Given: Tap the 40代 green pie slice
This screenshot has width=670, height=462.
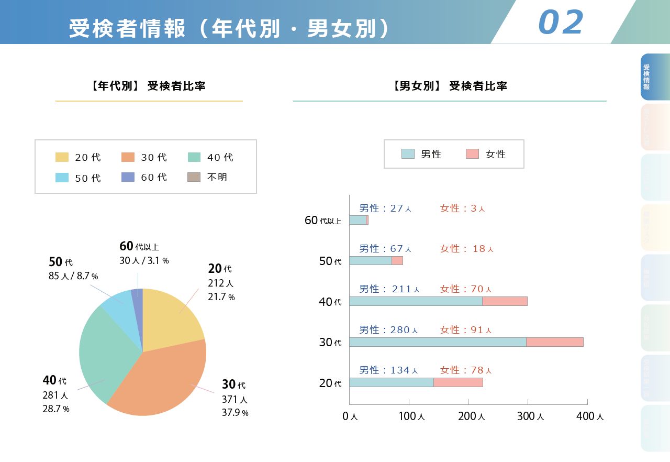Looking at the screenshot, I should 102,356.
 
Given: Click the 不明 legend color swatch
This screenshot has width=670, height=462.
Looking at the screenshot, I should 194,178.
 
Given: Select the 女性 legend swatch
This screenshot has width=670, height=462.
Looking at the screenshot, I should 472,154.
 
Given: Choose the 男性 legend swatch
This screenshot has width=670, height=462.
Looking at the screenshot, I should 408,154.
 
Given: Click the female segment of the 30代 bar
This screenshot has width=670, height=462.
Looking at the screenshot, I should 554,342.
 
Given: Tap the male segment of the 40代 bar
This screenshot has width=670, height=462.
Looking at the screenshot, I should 416,301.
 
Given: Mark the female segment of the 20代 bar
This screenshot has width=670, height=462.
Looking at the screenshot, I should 458,382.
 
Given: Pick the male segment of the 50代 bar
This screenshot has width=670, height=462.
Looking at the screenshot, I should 370,260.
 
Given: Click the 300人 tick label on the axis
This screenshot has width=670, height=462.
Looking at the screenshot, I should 531,416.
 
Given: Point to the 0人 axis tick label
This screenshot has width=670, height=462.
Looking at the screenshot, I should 350,416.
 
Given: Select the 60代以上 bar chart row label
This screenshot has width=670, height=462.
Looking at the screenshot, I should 323,221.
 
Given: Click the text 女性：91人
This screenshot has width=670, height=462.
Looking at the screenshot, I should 466,330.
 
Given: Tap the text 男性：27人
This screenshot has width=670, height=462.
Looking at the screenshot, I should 385,208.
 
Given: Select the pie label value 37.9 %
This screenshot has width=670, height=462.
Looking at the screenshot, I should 235,413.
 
